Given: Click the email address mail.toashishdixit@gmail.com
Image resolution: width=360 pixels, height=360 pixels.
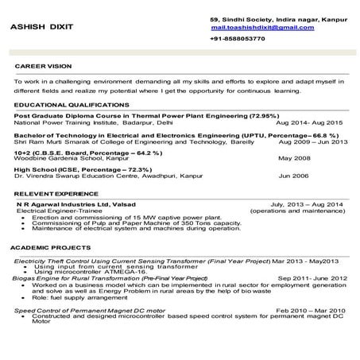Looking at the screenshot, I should pos(262,27).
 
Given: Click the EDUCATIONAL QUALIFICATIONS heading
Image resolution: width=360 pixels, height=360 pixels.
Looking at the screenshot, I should pos(67,104).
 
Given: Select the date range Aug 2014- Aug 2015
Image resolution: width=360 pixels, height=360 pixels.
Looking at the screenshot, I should pos(308,123).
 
